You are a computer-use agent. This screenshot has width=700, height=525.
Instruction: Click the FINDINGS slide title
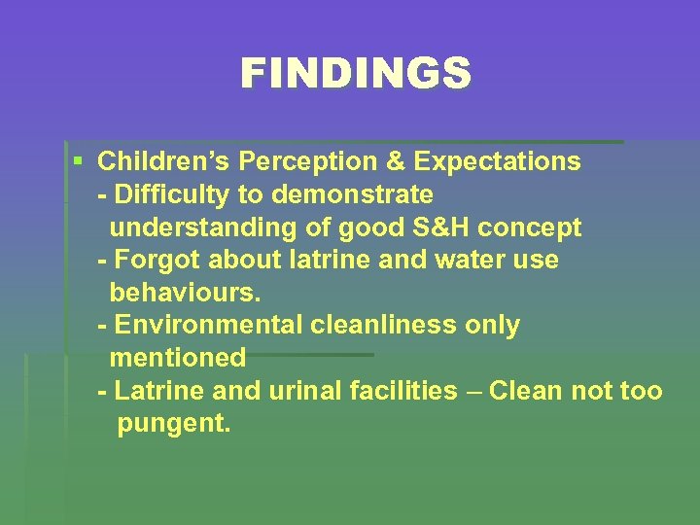pos(355,74)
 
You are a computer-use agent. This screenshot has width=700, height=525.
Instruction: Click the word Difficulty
pos(172,194)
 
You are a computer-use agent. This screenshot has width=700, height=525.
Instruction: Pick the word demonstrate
pos(353,194)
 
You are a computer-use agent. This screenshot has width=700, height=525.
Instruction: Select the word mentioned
pos(178,358)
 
